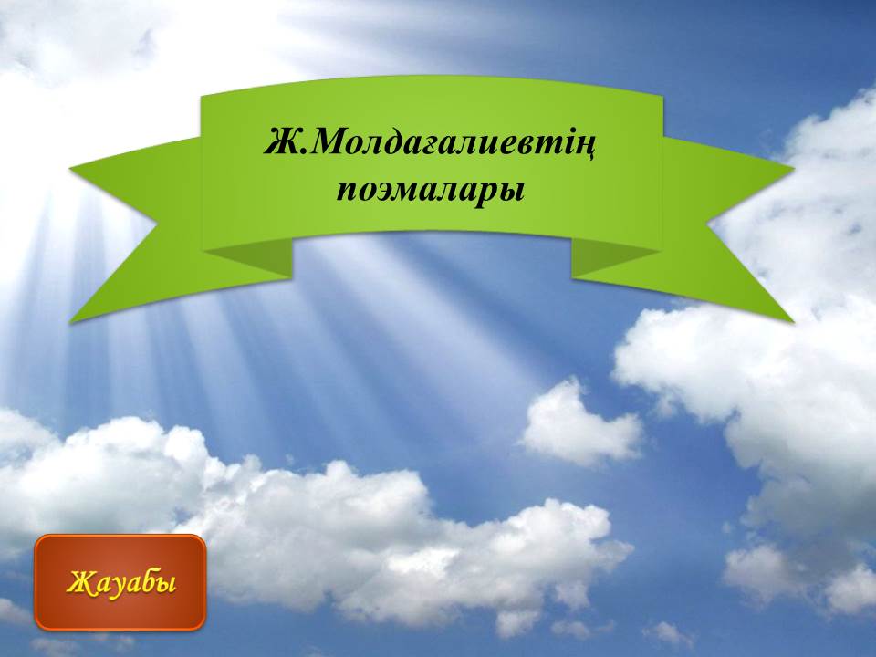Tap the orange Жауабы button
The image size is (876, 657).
pyautogui.click(x=120, y=582)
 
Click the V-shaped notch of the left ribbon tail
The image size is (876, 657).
pyautogui.click(x=156, y=226)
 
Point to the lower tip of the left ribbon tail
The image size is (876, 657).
pyautogui.click(x=70, y=322)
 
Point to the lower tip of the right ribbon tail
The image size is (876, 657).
pyautogui.click(x=793, y=322)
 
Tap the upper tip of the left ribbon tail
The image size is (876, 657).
pyautogui.click(x=70, y=168)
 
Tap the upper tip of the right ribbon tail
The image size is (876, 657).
pyautogui.click(x=793, y=166)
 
